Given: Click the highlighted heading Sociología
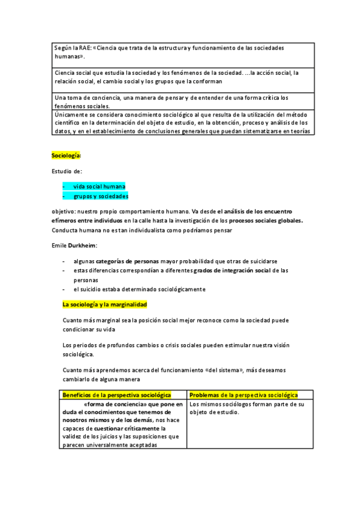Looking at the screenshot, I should pyautogui.click(x=66, y=156).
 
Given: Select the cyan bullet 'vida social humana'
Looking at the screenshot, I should pyautogui.click(x=100, y=186).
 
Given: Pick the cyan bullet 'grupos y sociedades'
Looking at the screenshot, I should pyautogui.click(x=101, y=196).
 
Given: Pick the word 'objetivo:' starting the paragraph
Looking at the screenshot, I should pyautogui.click(x=65, y=211).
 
